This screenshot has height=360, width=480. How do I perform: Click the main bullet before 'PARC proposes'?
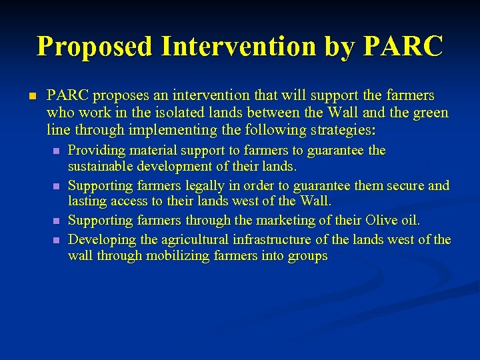coord(31,97)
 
